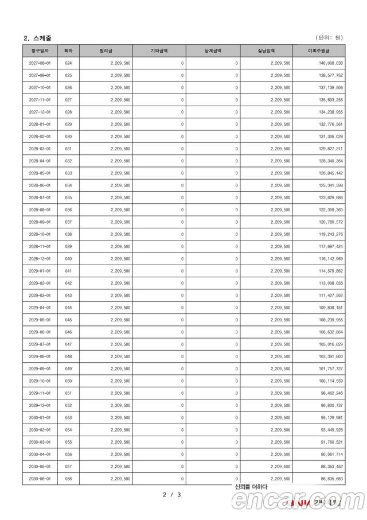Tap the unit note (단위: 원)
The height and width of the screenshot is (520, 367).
click(329, 38)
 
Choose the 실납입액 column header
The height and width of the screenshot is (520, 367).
click(267, 51)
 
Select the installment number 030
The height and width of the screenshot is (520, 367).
click(69, 137)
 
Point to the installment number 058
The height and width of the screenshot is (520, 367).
click(69, 479)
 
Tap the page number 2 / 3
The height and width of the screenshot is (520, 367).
click(172, 494)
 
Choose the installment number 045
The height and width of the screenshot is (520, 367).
click(69, 320)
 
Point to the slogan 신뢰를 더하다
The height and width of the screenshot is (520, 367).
click(251, 487)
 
